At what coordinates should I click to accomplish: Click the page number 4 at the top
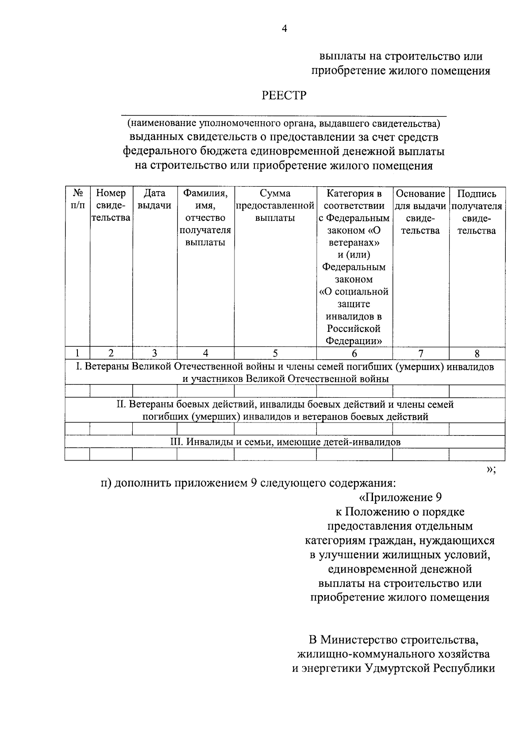coord(285,29)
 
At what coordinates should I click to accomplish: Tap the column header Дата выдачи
coord(154,199)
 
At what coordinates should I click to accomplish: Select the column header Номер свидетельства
coord(111,205)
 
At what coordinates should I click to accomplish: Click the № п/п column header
coord(77,199)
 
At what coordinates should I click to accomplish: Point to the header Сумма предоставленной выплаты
coord(275,206)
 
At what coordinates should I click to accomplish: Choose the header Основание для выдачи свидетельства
coord(420,211)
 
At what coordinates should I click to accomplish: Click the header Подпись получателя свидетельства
coord(477,211)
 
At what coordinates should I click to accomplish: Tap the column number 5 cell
coord(275,353)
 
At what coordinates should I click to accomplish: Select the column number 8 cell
coord(477,353)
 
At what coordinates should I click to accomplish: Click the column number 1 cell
coord(77,353)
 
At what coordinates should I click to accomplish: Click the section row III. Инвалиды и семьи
coord(285,442)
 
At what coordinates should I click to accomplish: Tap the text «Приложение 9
coord(400,498)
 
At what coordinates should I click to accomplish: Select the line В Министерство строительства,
coord(394,640)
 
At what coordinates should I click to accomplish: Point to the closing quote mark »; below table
coord(491,470)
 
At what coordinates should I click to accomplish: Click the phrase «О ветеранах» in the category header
coord(354,237)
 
